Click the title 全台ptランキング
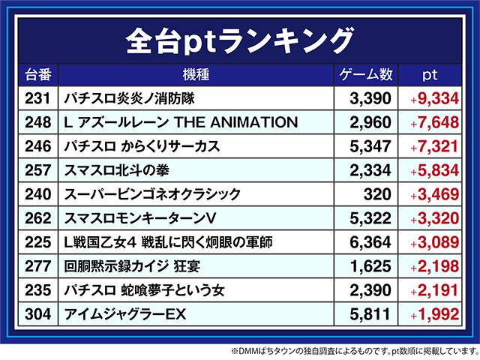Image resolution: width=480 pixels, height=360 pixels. (239, 38)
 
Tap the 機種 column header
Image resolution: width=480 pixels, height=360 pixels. (195, 75)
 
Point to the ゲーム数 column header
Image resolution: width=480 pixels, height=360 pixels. (365, 75)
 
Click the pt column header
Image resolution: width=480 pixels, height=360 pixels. (430, 75)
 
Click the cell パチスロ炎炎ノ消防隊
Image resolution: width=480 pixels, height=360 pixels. (130, 97)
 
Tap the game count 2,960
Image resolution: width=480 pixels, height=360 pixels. (371, 121)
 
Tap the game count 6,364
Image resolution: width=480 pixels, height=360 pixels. (371, 242)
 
